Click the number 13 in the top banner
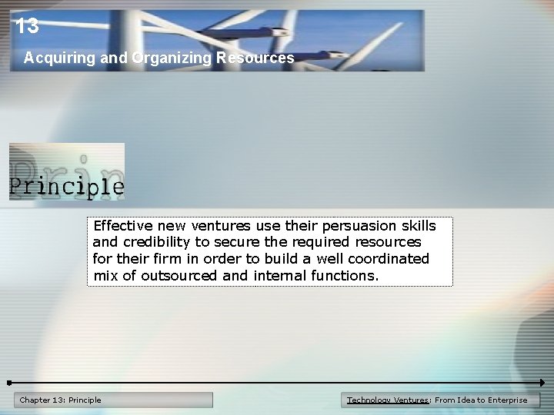[27, 26]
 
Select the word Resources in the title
[255, 58]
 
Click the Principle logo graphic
[67, 172]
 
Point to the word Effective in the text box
[123, 226]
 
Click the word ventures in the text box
[221, 226]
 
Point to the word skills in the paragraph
[419, 226]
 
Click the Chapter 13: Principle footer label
[61, 400]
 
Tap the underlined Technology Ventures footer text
[388, 400]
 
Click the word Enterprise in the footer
[502, 400]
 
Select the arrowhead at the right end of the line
[542, 382]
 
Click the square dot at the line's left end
[8, 382]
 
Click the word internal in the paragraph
[279, 275]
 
